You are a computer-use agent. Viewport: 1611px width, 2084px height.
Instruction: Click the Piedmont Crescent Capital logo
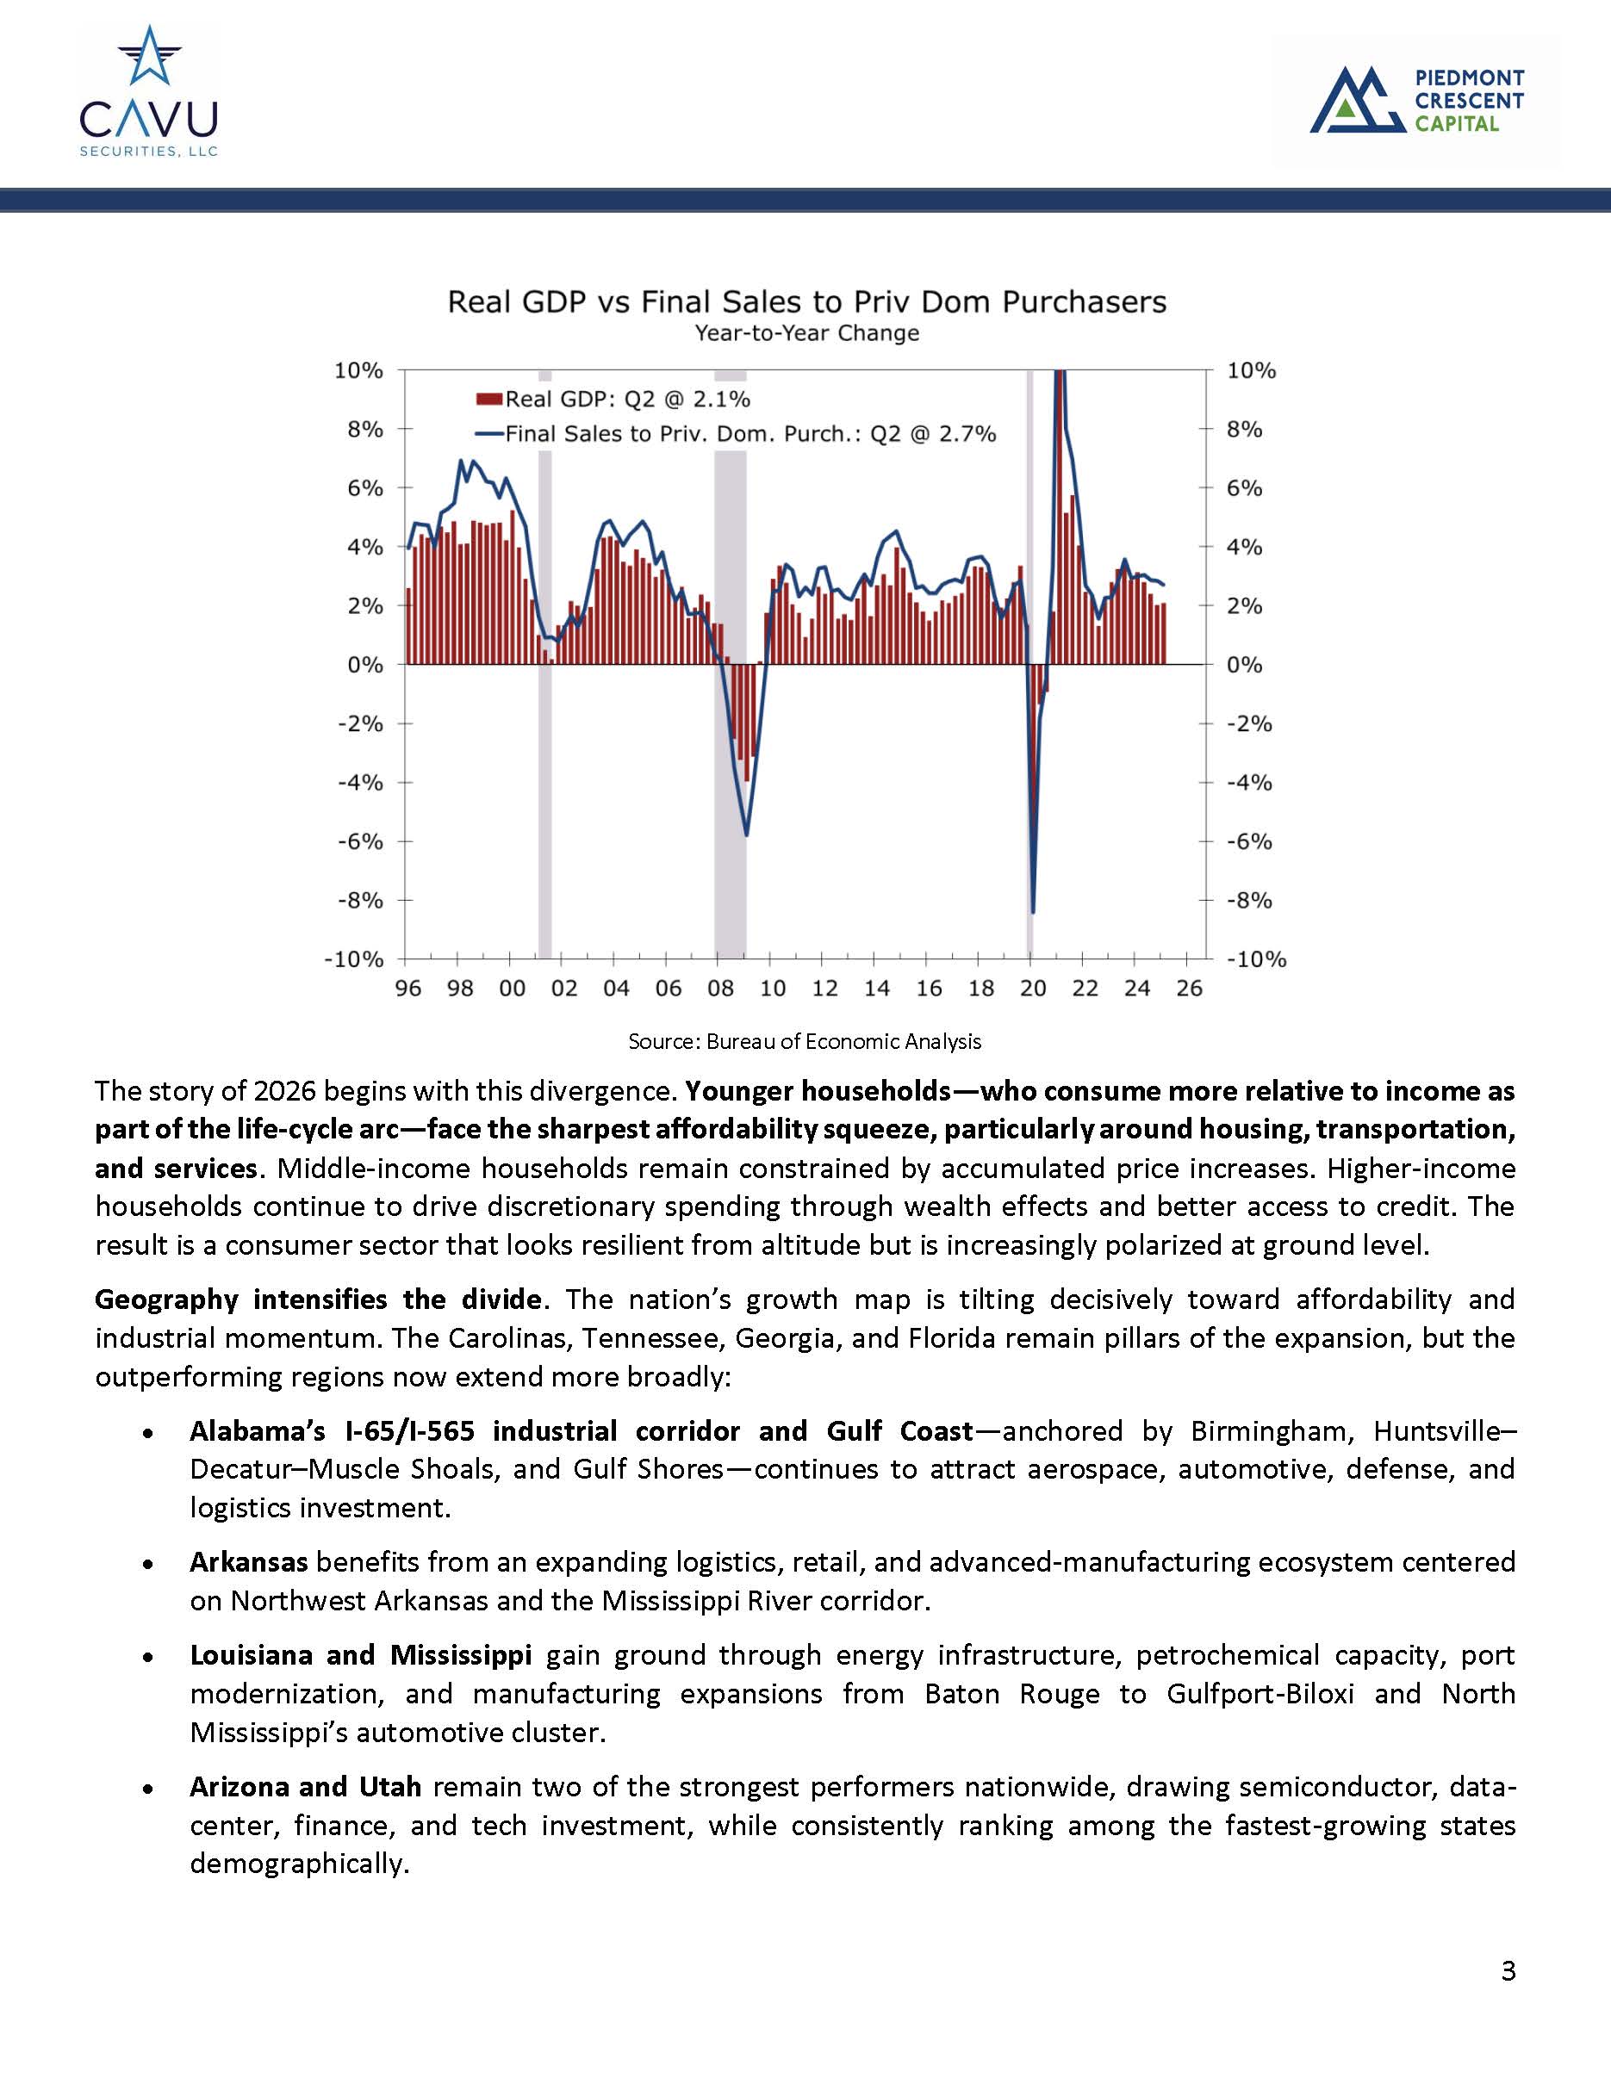click(x=1416, y=99)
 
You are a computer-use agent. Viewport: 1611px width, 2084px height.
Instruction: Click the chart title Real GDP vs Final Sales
click(x=806, y=302)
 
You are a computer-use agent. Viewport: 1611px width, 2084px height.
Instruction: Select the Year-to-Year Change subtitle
click(x=806, y=334)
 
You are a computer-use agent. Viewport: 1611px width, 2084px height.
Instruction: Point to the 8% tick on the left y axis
click(x=364, y=430)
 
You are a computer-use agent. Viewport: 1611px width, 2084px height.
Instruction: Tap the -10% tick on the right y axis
click(x=1255, y=960)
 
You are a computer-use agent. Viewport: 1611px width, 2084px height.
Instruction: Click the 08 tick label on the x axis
click(x=720, y=989)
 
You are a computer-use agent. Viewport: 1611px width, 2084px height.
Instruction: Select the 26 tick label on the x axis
click(x=1189, y=989)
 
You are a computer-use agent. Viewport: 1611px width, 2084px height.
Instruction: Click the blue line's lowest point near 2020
click(x=1034, y=911)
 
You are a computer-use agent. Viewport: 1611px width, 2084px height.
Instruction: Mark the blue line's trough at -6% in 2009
click(x=746, y=835)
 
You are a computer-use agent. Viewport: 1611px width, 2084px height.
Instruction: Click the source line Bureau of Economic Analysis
click(x=805, y=1041)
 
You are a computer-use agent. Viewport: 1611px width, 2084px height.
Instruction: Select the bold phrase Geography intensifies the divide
click(x=319, y=1299)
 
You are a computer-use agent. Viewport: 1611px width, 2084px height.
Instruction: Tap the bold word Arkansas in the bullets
click(x=248, y=1562)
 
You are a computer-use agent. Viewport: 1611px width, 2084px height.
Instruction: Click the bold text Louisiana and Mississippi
click(x=360, y=1654)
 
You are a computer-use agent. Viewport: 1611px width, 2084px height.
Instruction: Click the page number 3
click(x=1507, y=1970)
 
